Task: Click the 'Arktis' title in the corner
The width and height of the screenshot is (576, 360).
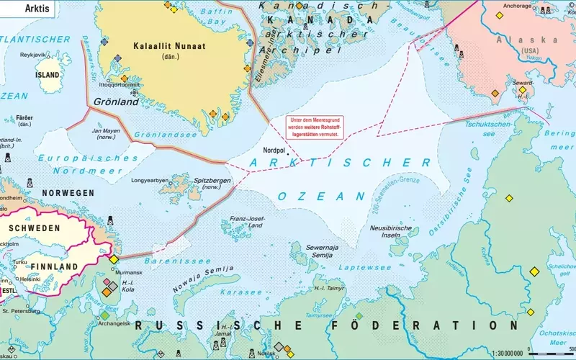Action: (21, 9)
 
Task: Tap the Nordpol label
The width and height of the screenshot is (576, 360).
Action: (274, 150)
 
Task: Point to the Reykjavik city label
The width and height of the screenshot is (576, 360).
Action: (32, 55)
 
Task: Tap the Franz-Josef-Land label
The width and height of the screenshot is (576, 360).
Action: (246, 221)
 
